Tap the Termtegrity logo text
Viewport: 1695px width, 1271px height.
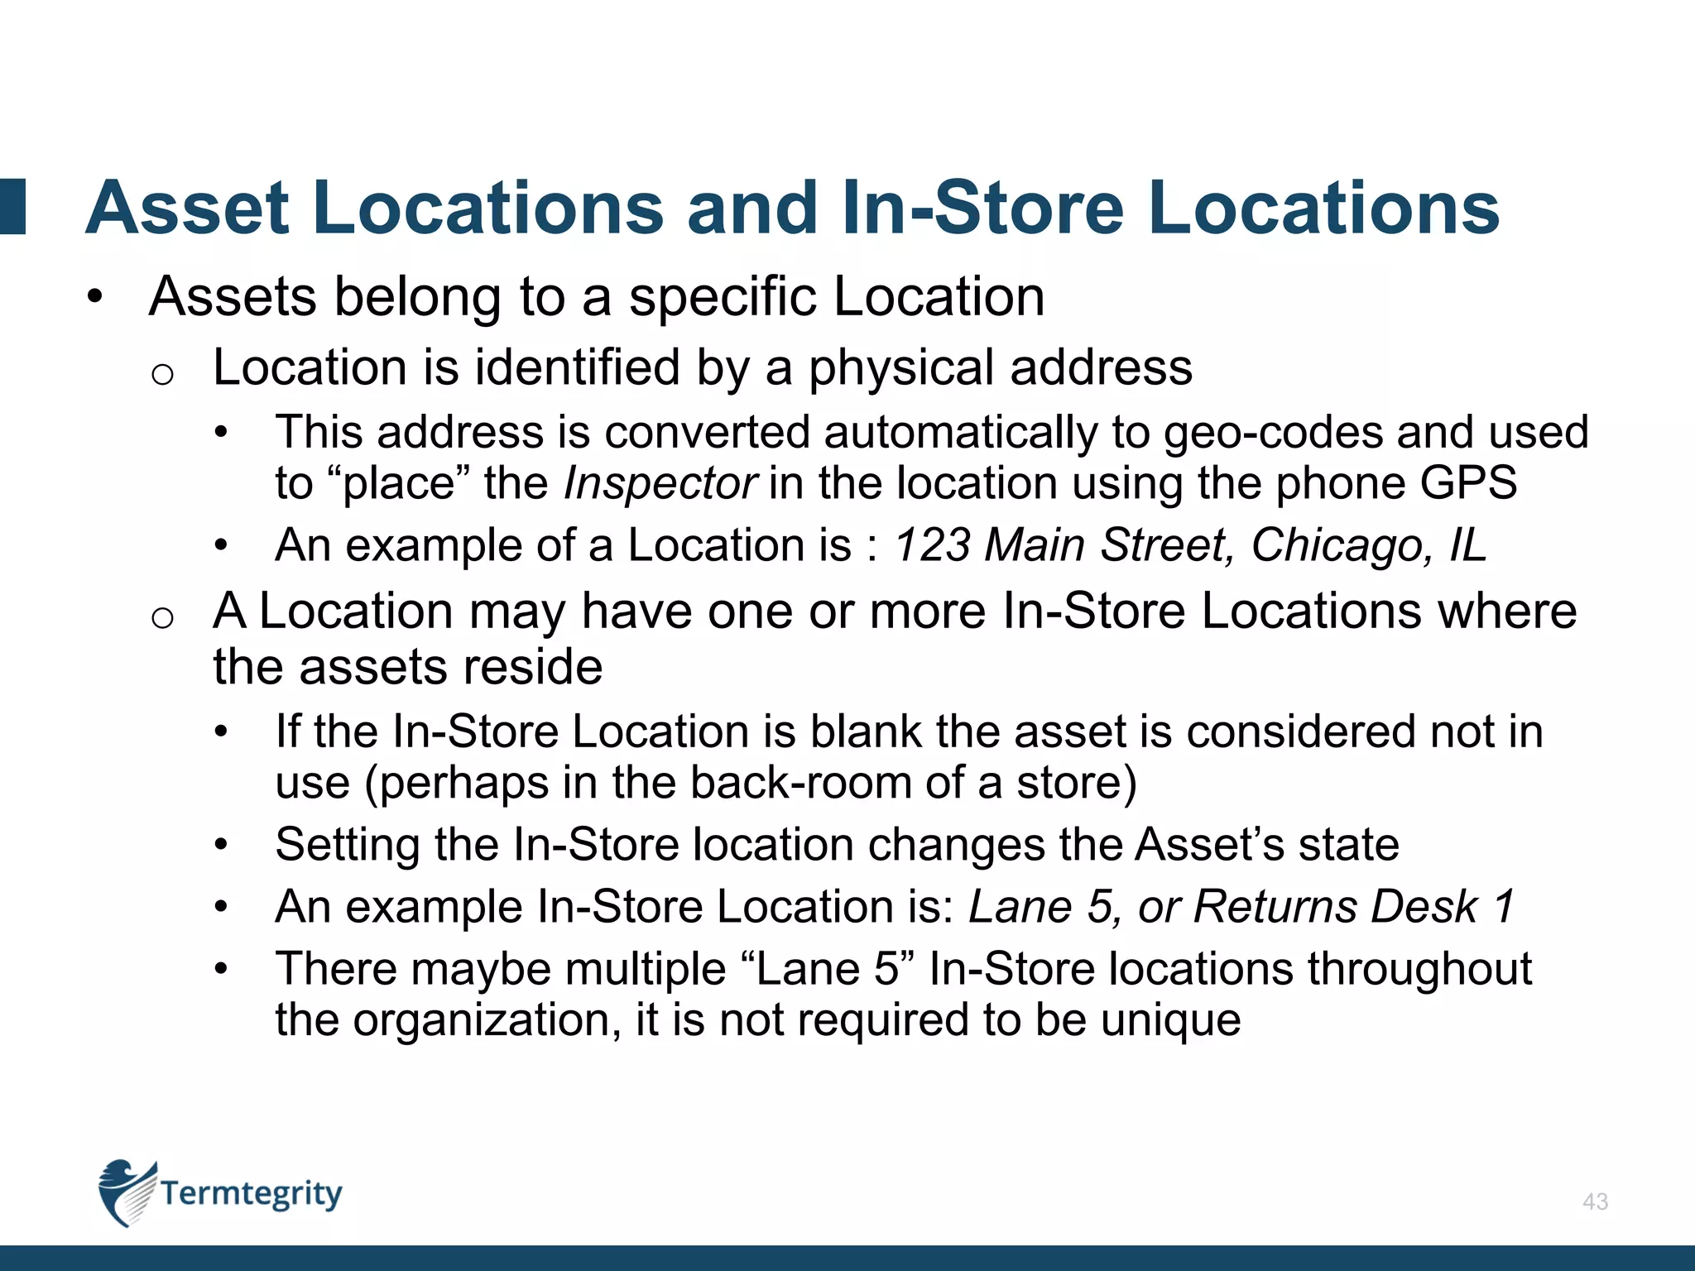251,1194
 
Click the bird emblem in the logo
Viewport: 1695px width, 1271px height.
126,1192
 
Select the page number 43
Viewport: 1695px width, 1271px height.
1595,1201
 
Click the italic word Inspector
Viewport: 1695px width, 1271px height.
660,484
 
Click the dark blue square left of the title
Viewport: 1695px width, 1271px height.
12,207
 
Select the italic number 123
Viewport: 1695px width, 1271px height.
932,546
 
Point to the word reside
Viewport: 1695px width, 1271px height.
532,668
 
